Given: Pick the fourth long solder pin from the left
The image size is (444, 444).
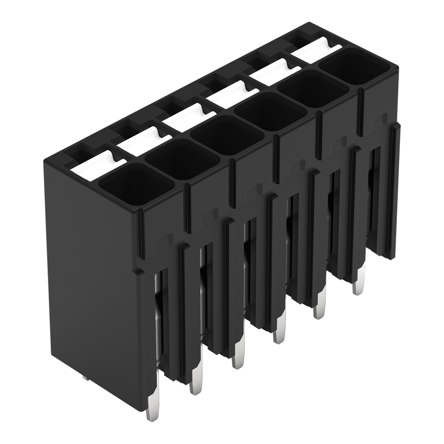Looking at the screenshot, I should pyautogui.click(x=278, y=332).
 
